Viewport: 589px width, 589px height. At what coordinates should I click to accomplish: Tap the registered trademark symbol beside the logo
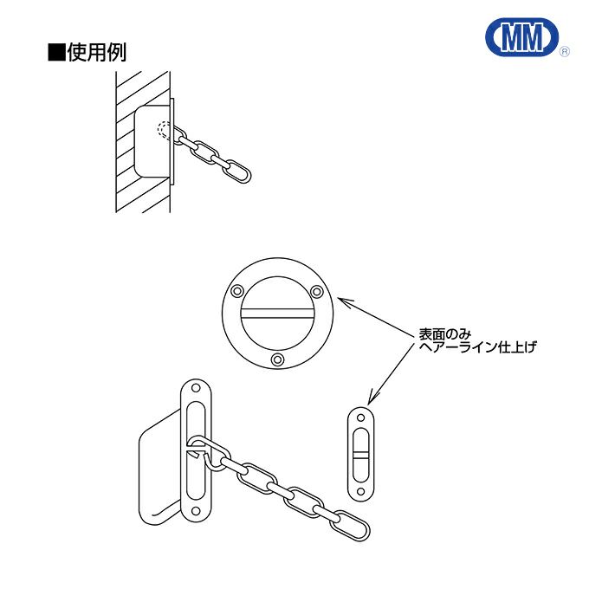[565, 53]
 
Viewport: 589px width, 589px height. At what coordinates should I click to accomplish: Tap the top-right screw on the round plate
[317, 291]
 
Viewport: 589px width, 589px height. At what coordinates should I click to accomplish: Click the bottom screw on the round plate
[277, 359]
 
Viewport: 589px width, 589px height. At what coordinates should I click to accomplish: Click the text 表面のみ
[444, 333]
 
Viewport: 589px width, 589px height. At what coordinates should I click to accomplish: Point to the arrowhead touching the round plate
[341, 301]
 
